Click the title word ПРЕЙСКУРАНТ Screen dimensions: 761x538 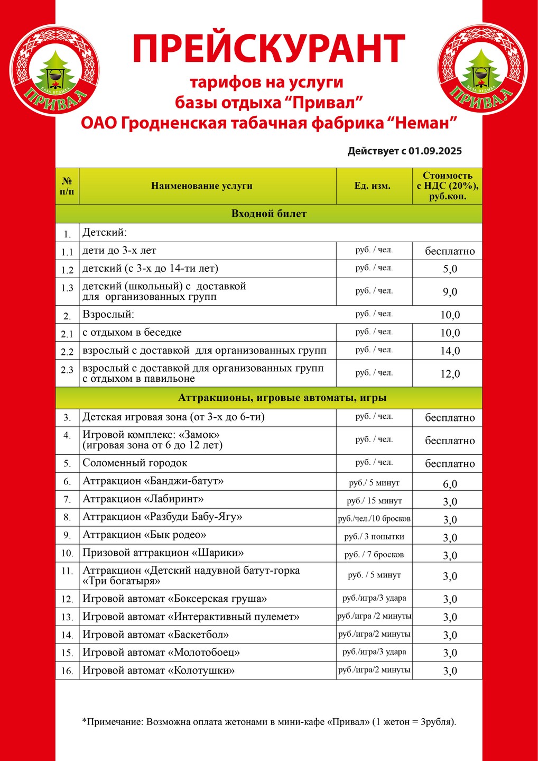pos(269,49)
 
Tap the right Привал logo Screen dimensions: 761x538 pos(482,69)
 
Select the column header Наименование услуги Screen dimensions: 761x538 pos(202,186)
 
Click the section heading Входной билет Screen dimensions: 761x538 pos(268,214)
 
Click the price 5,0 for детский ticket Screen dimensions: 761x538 pos(450,269)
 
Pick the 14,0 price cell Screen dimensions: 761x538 pos(450,351)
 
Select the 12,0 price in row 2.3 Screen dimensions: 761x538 pos(450,374)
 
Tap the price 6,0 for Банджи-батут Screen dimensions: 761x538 pos(450,484)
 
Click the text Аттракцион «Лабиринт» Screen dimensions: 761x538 pos(143,499)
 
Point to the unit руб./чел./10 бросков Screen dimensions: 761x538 pos(374,519)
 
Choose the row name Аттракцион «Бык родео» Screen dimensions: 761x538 pos(144,535)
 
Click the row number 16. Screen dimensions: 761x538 pos(67,671)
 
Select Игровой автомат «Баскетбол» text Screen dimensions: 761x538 pos(155,635)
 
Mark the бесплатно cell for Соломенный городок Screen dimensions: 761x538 pos(450,464)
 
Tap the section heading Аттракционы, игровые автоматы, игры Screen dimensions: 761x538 pos(282,398)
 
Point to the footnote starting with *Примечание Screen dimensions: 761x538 pos(269,722)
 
